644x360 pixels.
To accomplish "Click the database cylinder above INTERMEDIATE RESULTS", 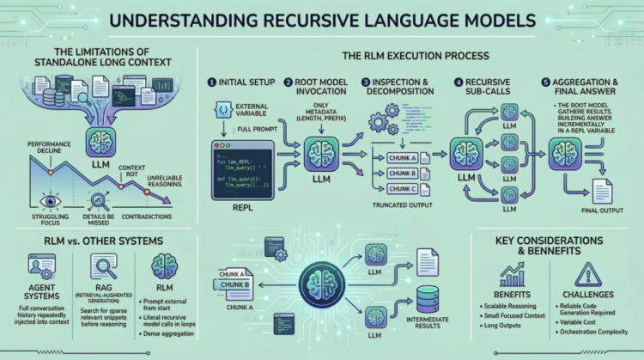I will coord(428,297).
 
